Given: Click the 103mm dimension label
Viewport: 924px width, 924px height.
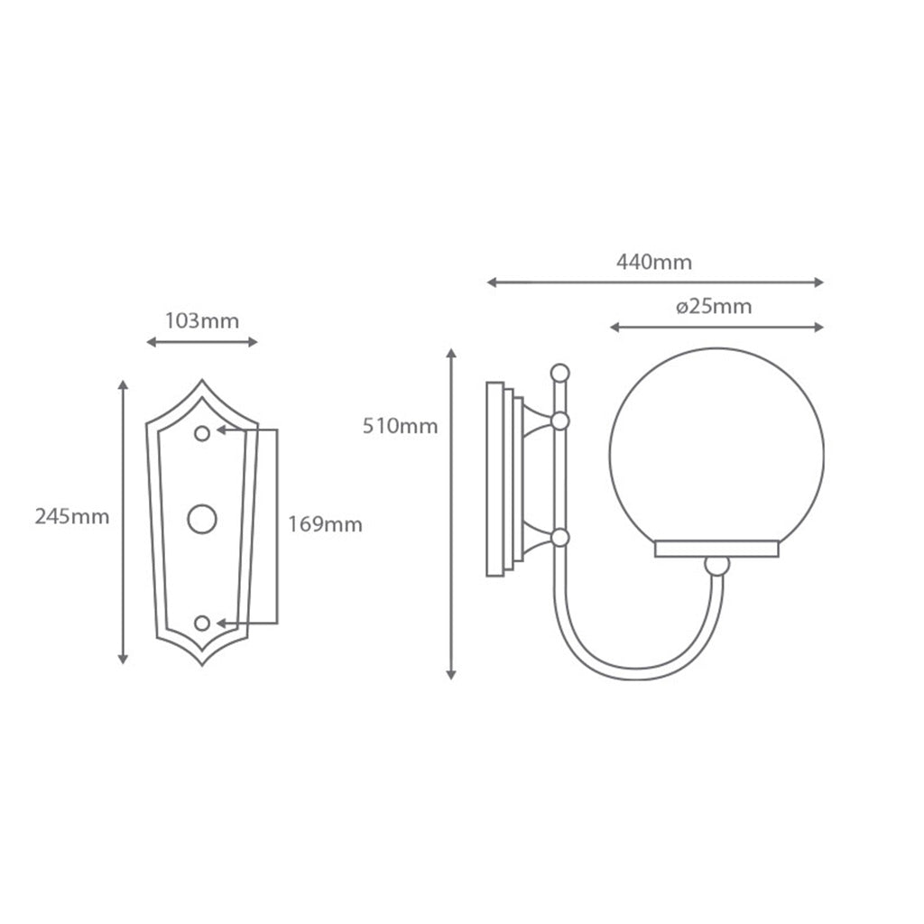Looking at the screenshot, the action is pos(202,321).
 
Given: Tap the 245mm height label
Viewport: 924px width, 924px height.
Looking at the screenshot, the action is pos(72,517).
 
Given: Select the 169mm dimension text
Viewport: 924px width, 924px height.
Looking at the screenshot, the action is pos(325,524).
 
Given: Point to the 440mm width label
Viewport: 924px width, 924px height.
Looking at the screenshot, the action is pos(654,262).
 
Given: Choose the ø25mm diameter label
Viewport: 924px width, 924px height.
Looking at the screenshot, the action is pos(714,307).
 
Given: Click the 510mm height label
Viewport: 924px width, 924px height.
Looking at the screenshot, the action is pos(400,426).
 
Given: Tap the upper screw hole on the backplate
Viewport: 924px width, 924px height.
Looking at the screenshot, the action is pos(202,434).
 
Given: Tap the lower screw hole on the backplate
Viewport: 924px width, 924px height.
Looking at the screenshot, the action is pos(202,623).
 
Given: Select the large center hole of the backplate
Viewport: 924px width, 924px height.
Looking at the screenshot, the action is pos(202,519).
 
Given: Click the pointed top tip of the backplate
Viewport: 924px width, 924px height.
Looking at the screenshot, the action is pos(202,380).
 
